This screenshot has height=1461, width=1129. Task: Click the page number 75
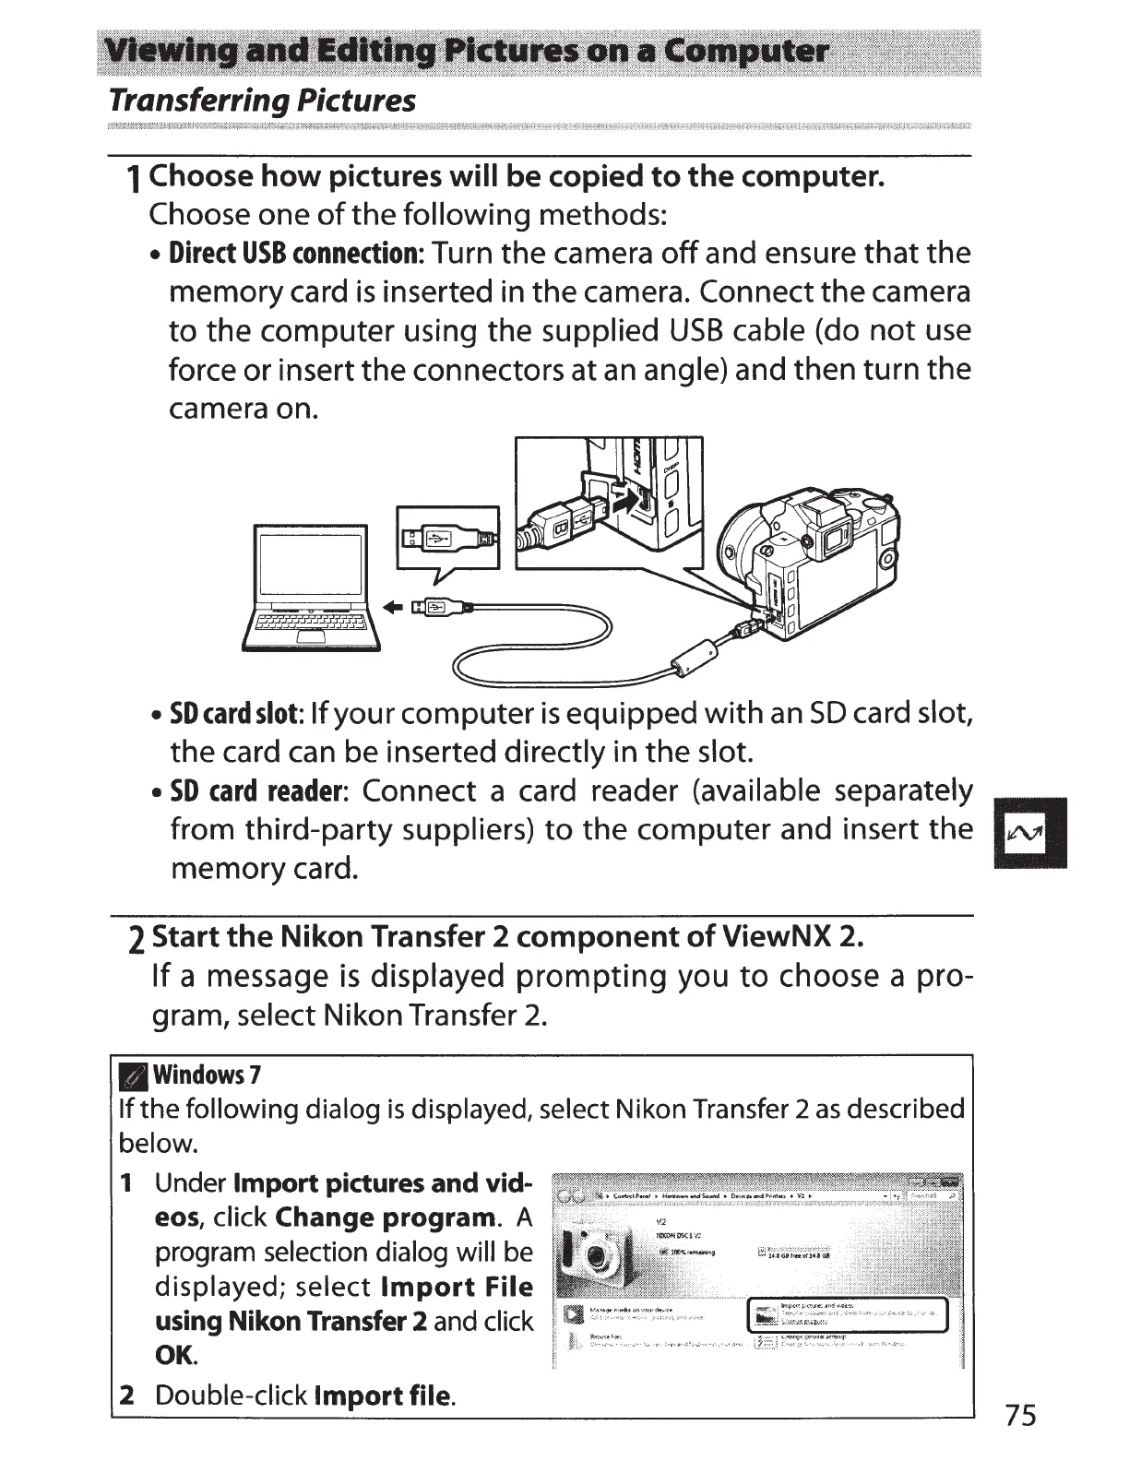pos(1021,1415)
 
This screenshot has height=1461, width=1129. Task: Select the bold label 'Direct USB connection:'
pos(295,254)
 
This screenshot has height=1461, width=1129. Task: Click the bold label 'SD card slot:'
pos(236,714)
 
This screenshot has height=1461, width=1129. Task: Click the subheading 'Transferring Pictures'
pos(262,101)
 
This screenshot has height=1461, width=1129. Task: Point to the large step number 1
pos(135,179)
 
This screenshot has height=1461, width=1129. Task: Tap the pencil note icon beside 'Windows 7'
pos(134,1075)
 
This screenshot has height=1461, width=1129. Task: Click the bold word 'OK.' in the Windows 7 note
pos(177,1356)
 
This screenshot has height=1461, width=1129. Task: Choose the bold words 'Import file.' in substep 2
pos(385,1395)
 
